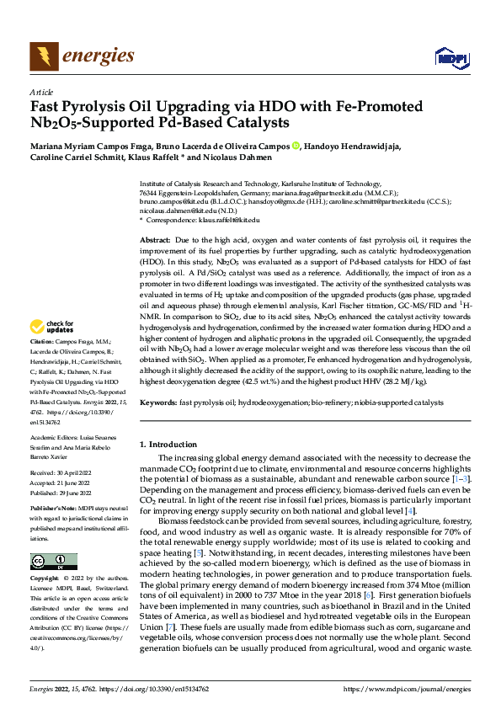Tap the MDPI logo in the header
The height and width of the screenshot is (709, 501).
tap(449, 57)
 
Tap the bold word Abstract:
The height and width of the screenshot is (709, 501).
tap(156, 241)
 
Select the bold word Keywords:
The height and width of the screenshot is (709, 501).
tap(158, 403)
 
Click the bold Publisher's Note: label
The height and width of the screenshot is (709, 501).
tap(55, 510)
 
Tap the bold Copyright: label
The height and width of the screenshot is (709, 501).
tap(45, 580)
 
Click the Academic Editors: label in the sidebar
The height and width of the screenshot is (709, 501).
tap(54, 438)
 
